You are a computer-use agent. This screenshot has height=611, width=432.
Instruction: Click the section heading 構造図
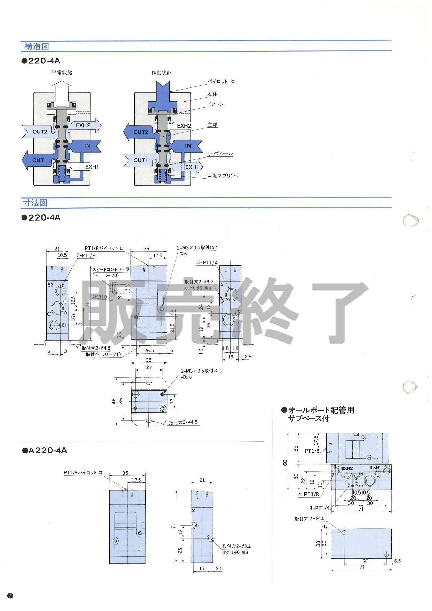pos(36,46)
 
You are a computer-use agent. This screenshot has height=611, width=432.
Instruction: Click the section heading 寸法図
pos(35,203)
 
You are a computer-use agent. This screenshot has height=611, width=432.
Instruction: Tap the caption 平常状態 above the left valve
pos(62,73)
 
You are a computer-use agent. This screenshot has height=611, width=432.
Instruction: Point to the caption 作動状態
pos(161,73)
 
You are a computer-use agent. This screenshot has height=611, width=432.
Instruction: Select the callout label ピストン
pos(215,104)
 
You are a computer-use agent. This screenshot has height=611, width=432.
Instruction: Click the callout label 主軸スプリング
pos(223,176)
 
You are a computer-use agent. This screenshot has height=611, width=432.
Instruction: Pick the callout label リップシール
pos(220,154)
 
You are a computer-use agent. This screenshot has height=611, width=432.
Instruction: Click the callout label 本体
pos(212,94)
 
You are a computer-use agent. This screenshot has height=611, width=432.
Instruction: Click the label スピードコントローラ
pos(111,269)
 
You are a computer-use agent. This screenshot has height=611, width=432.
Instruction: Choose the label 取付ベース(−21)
pos(103,354)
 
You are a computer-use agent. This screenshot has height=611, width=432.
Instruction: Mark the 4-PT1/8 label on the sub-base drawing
pos(308,494)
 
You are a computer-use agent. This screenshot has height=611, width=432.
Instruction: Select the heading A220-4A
pos(45,450)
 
